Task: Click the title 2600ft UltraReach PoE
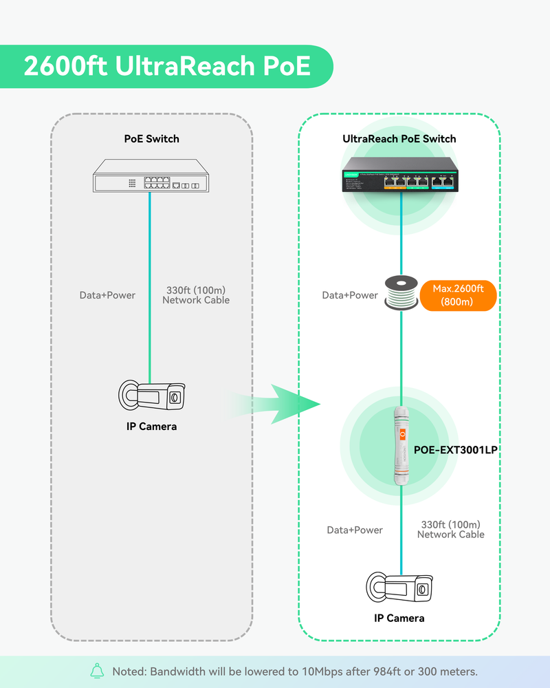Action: (x=167, y=67)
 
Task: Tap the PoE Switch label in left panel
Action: (x=151, y=139)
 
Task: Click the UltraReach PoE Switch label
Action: (x=399, y=139)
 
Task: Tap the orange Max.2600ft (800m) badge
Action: (x=457, y=295)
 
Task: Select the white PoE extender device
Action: (x=399, y=447)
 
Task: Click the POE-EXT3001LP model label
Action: (x=454, y=450)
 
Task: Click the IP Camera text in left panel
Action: (x=151, y=427)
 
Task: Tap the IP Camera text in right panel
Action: (x=399, y=618)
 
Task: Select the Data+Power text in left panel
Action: (x=107, y=295)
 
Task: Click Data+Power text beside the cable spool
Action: (x=350, y=295)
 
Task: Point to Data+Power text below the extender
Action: (x=355, y=530)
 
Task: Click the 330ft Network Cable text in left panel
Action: (x=196, y=295)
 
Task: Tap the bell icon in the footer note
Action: (x=97, y=671)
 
